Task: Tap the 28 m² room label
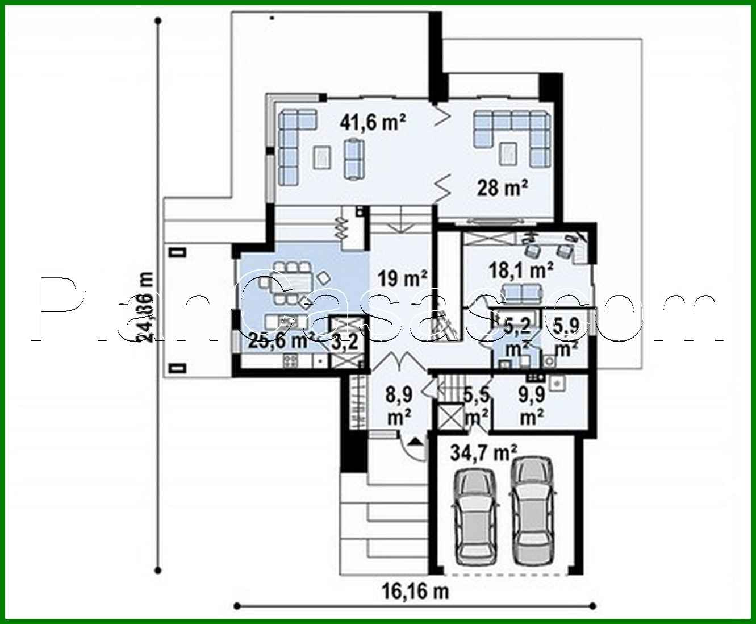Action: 503,187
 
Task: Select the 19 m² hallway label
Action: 403,278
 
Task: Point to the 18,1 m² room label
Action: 521,271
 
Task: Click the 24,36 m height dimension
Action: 147,307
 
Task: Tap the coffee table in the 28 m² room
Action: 507,151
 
